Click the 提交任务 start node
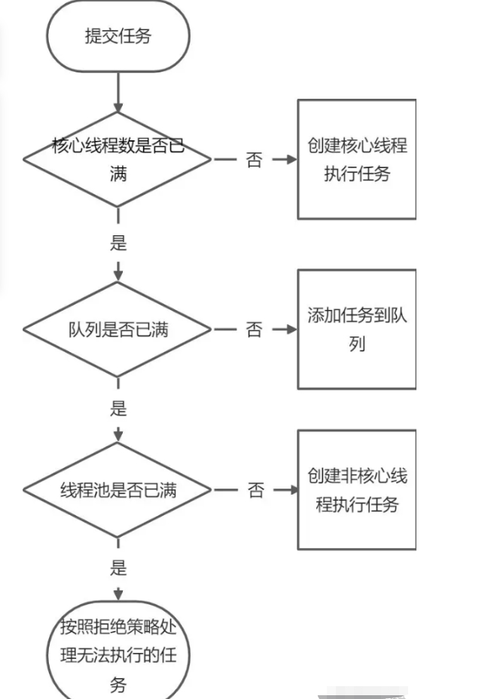click(118, 36)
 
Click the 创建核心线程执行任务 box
click(357, 159)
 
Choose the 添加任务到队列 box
click(357, 330)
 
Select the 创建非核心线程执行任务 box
click(357, 490)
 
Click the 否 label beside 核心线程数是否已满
click(255, 160)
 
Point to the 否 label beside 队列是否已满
click(255, 330)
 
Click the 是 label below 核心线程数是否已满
click(118, 243)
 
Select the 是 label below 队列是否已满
click(118, 409)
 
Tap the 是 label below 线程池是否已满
click(118, 567)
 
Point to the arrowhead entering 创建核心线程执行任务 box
click(291, 160)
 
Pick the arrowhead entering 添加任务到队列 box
click(291, 330)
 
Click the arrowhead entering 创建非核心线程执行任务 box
click(292, 490)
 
